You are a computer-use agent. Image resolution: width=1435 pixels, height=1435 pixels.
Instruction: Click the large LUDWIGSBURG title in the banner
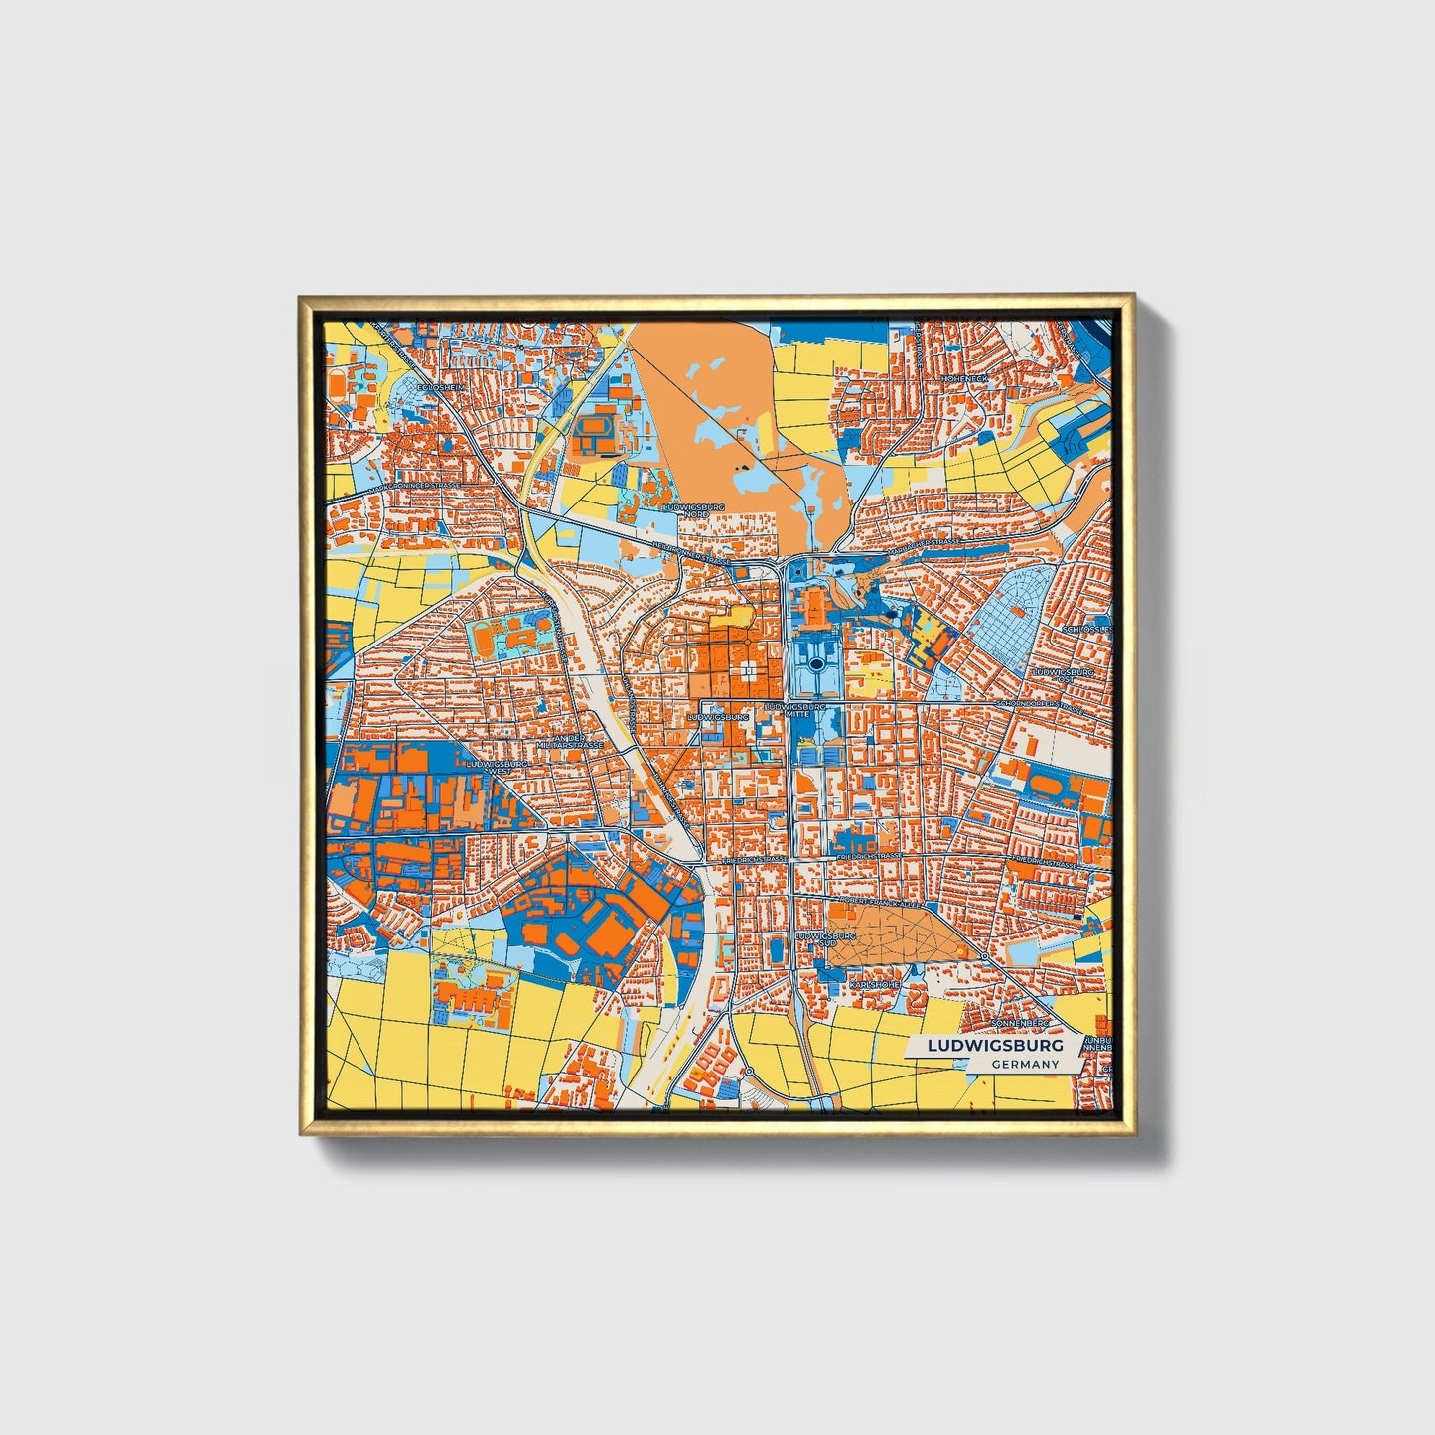(994, 1046)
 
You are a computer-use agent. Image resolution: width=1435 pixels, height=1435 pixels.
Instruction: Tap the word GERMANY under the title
(1024, 1065)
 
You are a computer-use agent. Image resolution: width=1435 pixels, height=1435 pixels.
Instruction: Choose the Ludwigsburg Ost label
(1063, 675)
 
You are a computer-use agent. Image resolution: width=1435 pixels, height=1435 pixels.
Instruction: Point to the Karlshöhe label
(874, 983)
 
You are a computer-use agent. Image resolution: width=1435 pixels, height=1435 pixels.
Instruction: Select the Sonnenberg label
(1019, 1021)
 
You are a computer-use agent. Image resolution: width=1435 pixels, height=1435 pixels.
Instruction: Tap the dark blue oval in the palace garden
(816, 663)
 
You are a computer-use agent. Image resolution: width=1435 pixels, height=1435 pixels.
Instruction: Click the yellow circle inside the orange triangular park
(961, 951)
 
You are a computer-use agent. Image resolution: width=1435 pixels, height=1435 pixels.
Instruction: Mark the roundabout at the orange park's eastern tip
(983, 955)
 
